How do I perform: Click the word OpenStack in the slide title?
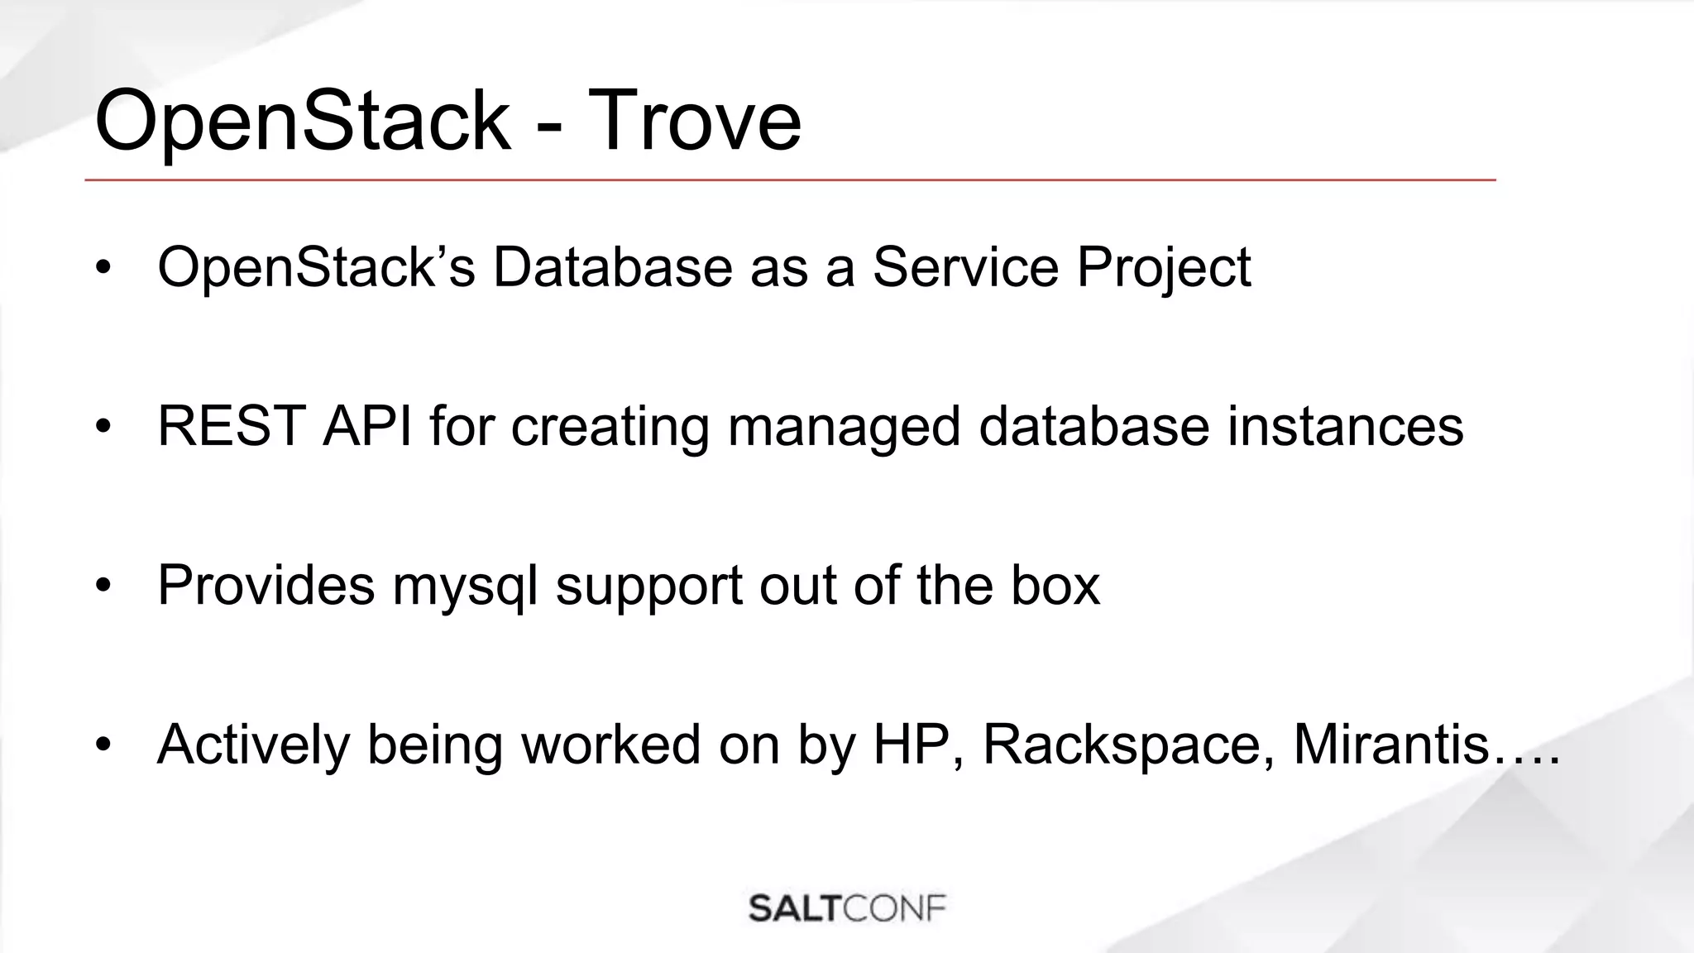click(303, 121)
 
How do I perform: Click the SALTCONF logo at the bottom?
click(847, 908)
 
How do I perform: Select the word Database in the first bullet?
click(612, 267)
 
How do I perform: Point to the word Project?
click(1163, 267)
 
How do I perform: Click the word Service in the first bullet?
click(965, 267)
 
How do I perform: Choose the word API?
click(367, 426)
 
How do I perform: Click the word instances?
click(1345, 426)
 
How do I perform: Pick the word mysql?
click(465, 586)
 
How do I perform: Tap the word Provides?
click(266, 585)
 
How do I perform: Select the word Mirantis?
click(1390, 744)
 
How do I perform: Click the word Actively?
click(253, 744)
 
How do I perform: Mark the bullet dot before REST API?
click(103, 428)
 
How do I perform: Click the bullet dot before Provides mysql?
click(103, 587)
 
